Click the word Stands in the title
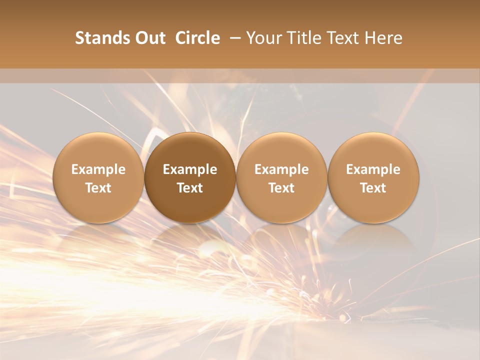(102, 38)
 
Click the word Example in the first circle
(98, 169)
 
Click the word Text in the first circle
(98, 188)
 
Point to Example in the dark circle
(190, 169)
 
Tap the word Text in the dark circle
(190, 188)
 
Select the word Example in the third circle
(281, 169)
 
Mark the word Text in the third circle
(281, 188)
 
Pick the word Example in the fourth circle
(373, 169)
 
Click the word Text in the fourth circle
(373, 188)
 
